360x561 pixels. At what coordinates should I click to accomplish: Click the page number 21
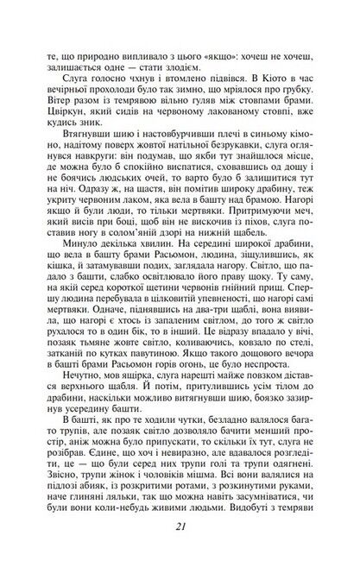[180, 529]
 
